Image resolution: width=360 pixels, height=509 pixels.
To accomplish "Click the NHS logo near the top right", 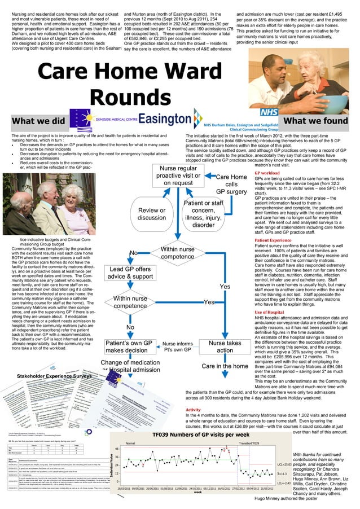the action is coord(269,113).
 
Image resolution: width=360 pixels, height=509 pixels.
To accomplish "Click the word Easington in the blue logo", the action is coord(165,120).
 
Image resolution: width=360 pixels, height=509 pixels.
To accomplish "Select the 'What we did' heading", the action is coord(38,121).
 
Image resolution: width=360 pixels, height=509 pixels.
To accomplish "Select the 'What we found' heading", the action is coord(317,121).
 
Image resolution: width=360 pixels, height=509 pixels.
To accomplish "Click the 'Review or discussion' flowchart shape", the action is coord(152,214).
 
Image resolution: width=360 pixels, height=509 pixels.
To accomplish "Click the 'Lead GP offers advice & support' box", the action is coord(130,273).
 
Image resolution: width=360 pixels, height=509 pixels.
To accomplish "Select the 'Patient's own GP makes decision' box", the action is coord(129,346).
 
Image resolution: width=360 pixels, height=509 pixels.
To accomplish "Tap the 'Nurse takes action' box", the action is coord(225,346).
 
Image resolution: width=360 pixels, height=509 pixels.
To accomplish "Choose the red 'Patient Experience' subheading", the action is coord(273,240).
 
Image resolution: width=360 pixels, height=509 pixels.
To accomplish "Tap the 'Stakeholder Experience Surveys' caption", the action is coord(54,375).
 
